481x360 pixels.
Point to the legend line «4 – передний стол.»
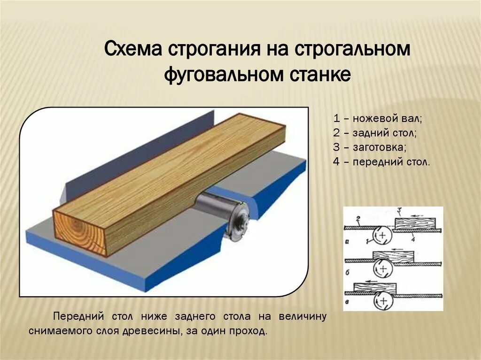[x=381, y=162]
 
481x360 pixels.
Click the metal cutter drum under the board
[x=220, y=211]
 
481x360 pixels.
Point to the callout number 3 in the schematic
[x=399, y=210]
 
